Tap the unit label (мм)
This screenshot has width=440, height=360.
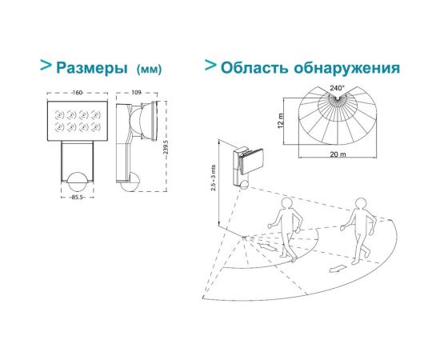(x=150, y=70)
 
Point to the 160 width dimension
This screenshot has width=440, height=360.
(x=78, y=94)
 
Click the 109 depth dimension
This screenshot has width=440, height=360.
(x=138, y=94)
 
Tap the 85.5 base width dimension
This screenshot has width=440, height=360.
(x=78, y=196)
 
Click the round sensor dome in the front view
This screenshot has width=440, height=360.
(x=78, y=178)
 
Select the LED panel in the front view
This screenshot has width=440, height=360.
(x=78, y=119)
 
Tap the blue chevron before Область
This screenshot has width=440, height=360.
(x=210, y=65)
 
